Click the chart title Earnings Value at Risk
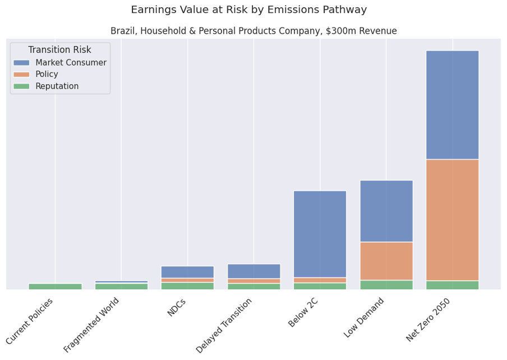[248, 10]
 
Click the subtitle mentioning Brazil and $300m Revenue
[253, 31]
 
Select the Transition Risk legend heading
[59, 50]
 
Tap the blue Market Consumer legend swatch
[21, 63]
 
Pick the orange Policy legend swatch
[21, 75]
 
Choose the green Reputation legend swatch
[21, 86]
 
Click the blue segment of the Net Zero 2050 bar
[452, 105]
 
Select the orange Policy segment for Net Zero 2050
[452, 220]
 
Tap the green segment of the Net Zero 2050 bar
[452, 285]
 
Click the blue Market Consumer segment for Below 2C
[320, 234]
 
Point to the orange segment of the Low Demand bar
[386, 261]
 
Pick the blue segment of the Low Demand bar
[386, 211]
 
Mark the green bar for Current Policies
[55, 287]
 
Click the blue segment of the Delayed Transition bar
[253, 271]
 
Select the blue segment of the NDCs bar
[187, 272]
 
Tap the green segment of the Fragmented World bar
[121, 287]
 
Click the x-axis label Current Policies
[30, 321]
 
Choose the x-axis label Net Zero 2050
[429, 320]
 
